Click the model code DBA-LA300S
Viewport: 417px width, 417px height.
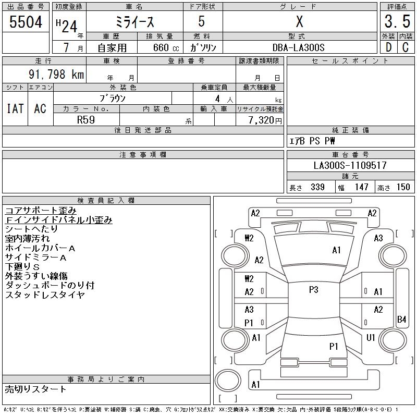pos(299,47)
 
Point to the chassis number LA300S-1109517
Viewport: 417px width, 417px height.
pos(350,165)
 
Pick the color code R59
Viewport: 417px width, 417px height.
pos(86,119)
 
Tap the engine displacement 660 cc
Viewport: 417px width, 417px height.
pos(160,47)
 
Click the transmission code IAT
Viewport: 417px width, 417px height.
pos(15,108)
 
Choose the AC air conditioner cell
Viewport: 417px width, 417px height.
pos(40,108)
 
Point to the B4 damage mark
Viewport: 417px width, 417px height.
pos(401,319)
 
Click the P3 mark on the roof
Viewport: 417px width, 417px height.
pos(313,290)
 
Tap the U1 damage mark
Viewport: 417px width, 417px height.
pos(371,337)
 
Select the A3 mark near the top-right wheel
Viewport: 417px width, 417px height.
pos(378,238)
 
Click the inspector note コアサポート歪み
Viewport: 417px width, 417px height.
pos(41,211)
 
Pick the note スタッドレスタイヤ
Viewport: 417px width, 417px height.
pos(45,295)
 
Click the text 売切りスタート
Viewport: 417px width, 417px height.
pos(36,389)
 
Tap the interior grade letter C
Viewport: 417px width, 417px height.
pos(405,47)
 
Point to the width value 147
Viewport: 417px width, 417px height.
pos(360,187)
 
